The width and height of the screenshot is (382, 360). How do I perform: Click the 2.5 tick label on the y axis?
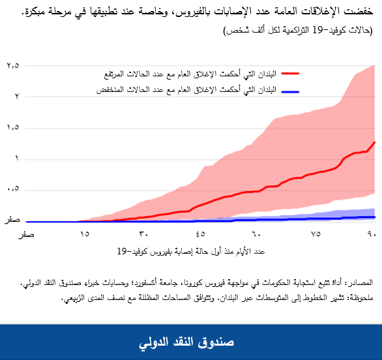[14, 66]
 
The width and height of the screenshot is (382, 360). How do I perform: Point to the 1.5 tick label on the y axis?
[14, 128]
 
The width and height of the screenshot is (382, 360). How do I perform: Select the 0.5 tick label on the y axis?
[14, 189]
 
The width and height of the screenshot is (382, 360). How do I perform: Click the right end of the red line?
[375, 142]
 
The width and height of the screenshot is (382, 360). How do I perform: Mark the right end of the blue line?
[375, 217]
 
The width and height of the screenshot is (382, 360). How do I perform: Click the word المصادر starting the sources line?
[358, 284]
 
